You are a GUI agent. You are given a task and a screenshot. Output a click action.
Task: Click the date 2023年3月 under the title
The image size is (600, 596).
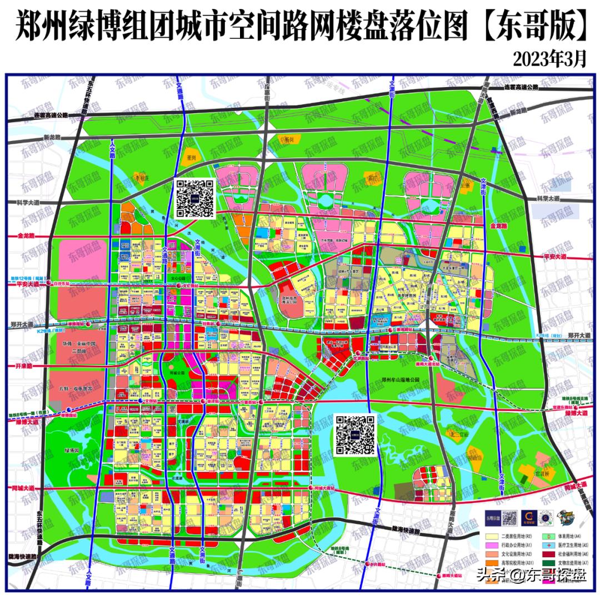coord(549,58)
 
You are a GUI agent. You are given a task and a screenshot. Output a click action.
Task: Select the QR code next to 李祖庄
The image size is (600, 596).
coord(194,198)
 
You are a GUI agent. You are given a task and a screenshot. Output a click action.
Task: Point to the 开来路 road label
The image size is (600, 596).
coord(22,367)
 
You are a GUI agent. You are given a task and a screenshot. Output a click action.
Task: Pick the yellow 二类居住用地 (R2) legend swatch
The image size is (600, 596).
coord(492,537)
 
